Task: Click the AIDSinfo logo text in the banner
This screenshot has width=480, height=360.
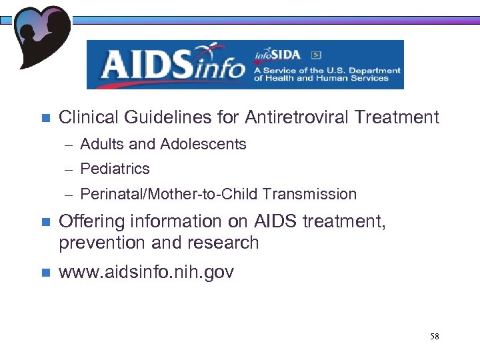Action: (x=172, y=65)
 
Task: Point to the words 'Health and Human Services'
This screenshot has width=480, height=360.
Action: (x=327, y=78)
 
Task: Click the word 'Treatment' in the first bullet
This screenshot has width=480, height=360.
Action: (x=397, y=118)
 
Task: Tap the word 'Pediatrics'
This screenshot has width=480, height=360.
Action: (x=115, y=169)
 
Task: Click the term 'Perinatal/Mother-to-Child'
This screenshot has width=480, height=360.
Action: (x=169, y=195)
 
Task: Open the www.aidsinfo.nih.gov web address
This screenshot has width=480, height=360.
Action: (x=146, y=272)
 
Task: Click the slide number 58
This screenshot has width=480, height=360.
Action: (x=434, y=337)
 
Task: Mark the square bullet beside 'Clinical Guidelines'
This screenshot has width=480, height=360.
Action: (x=45, y=119)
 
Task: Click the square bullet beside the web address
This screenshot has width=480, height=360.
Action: (x=45, y=273)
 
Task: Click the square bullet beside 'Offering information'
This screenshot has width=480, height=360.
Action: (x=45, y=221)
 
